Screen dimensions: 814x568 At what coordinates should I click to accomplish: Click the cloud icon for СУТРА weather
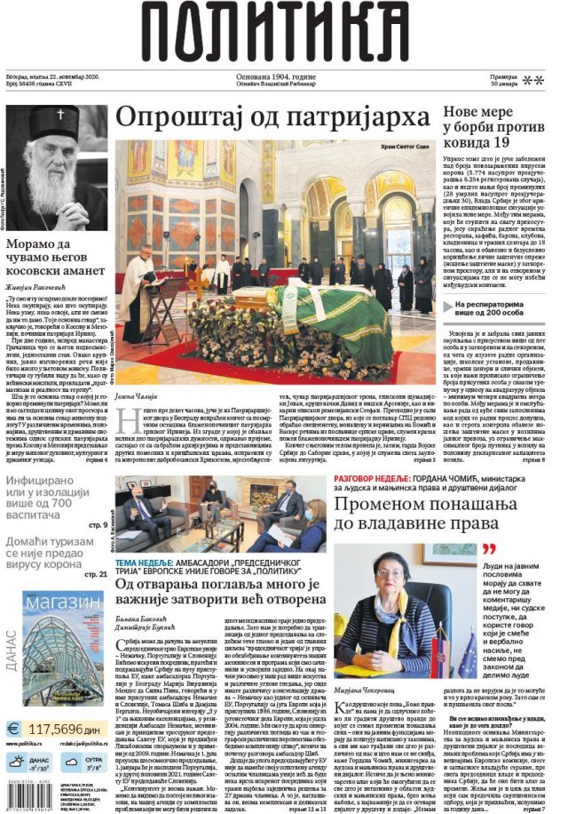(x=71, y=762)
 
